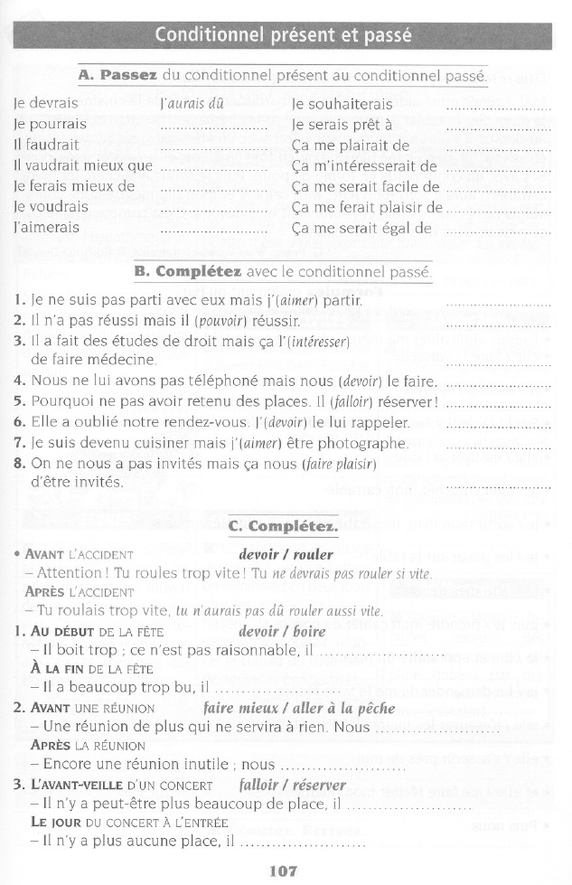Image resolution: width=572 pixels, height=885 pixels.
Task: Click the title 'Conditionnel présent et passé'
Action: pos(283,36)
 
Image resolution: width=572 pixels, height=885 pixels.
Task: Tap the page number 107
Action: pos(284,871)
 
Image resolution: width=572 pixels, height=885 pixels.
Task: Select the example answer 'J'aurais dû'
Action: pos(191,104)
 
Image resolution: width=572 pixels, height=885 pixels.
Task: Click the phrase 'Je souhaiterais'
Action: pos(342,104)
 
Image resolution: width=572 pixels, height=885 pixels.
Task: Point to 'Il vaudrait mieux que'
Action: pos(83,165)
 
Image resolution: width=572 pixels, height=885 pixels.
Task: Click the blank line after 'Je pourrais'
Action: pos(213,127)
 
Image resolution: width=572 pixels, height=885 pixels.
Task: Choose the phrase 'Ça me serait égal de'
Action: pos(361,228)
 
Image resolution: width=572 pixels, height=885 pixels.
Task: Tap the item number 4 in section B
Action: pos(19,381)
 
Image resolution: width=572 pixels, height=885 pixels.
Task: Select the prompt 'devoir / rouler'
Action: pos(286,554)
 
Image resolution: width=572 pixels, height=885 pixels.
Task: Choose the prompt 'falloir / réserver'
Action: pos(292,785)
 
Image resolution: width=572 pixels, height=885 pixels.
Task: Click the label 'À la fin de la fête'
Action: pos(91,669)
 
